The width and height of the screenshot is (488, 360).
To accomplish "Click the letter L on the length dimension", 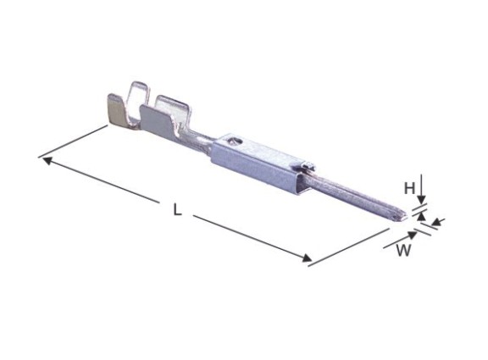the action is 177,209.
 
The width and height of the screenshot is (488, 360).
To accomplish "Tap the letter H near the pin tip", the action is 409,188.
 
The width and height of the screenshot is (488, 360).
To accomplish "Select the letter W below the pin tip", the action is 403,250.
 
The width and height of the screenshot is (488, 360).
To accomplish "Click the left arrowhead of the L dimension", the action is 47,161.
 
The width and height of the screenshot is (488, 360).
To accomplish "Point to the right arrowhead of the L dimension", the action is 307,258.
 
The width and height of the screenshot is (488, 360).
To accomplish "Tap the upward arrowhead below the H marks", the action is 421,217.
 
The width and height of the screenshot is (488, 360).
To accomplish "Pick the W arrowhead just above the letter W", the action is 413,235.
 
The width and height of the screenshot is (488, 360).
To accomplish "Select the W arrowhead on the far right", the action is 435,222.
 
